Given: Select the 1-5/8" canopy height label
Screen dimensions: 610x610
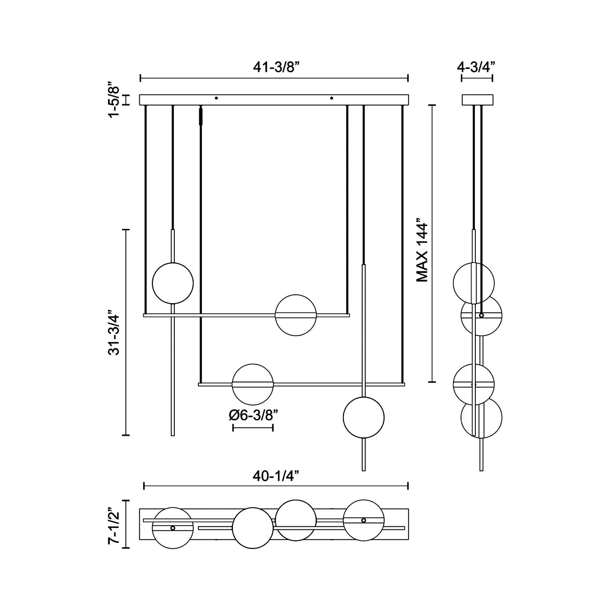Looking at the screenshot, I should click(114, 100).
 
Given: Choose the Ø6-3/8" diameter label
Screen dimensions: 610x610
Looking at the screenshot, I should click(253, 415).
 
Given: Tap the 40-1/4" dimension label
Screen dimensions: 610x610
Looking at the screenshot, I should click(276, 476).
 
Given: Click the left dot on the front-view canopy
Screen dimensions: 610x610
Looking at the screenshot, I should click(217, 98).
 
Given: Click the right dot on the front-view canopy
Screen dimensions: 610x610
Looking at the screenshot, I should click(331, 98).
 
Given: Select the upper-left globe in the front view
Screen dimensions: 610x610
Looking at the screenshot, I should click(173, 283).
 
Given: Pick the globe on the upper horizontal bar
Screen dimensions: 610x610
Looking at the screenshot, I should click(296, 315).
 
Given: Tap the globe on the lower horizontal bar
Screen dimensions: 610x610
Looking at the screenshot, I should click(253, 384).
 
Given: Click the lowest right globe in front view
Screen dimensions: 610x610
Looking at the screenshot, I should click(363, 417).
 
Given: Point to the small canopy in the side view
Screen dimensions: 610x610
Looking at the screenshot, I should click(477, 100).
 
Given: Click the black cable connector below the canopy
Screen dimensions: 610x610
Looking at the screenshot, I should click(201, 116).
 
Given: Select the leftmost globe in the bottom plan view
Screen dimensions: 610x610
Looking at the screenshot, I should click(173, 528).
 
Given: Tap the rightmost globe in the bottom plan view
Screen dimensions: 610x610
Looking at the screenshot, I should click(363, 520).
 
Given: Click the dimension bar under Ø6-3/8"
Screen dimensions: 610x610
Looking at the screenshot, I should click(253, 427).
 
